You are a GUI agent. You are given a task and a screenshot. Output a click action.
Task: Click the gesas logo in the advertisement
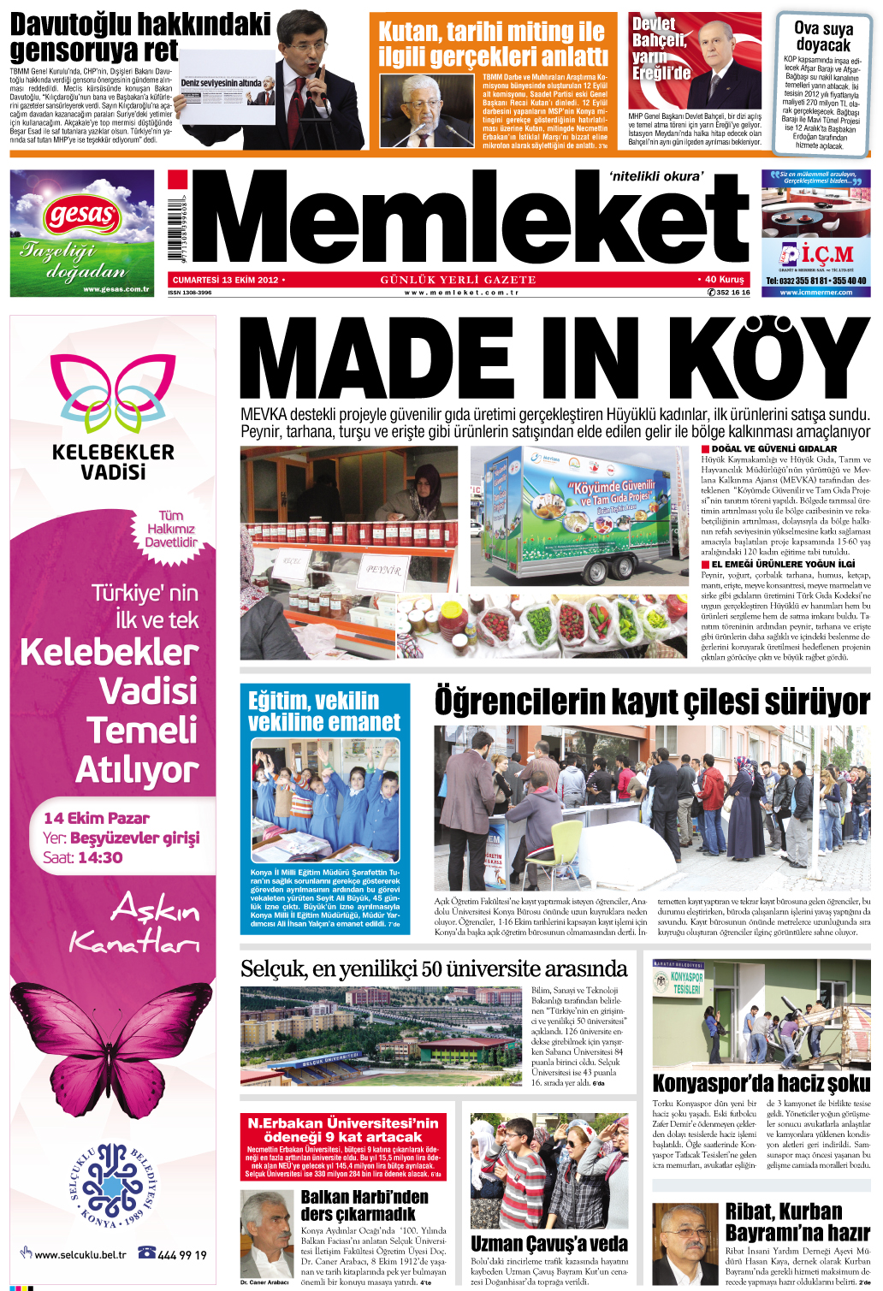[82, 214]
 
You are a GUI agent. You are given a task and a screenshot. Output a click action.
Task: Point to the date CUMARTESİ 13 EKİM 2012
[225, 280]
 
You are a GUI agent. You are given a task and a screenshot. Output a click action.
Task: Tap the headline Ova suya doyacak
[822, 36]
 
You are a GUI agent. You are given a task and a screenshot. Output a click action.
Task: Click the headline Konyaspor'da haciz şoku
[761, 1083]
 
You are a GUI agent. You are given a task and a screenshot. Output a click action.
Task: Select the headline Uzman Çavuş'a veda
[548, 1243]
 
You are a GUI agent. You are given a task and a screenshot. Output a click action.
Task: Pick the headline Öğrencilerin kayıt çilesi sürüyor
[652, 702]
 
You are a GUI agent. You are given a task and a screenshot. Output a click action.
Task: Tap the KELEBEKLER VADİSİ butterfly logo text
[113, 461]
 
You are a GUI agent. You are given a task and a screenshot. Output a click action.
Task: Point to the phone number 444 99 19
[182, 1255]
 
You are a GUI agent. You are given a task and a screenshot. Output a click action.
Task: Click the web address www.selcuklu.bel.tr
[80, 1255]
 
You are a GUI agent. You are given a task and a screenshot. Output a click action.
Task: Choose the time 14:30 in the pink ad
[102, 857]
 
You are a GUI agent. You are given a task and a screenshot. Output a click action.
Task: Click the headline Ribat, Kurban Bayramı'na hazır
[797, 1222]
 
